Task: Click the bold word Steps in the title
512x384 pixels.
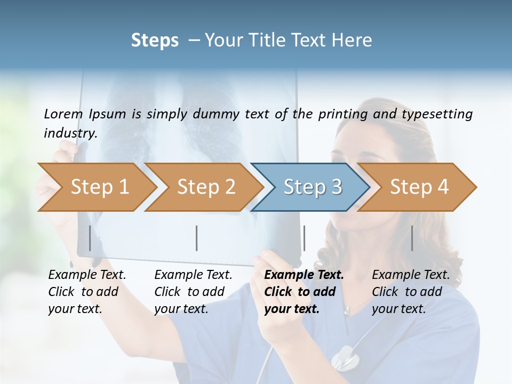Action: pos(155,41)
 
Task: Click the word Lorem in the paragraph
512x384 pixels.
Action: pos(63,114)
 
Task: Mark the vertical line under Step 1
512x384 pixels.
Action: pos(90,238)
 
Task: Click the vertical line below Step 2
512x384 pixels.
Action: pos(197,238)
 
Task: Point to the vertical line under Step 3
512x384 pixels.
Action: pos(304,238)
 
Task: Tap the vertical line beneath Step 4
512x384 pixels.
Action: pos(412,238)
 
